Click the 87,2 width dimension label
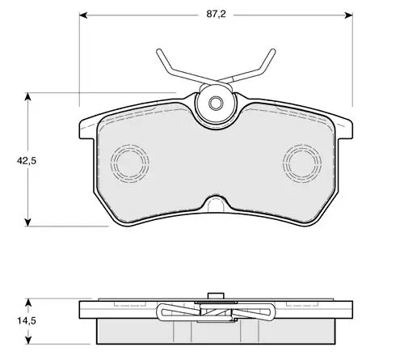coord(216,14)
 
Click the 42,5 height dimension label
coord(27,161)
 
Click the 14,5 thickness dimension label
coord(27,321)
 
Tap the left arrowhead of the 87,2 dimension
coord(83,15)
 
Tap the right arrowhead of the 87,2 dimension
coord(348,15)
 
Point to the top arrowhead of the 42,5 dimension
coord(27,96)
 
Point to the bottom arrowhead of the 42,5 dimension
coord(27,222)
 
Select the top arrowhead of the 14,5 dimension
coord(27,303)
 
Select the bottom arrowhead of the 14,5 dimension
coord(27,340)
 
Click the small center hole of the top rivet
coord(216,103)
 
